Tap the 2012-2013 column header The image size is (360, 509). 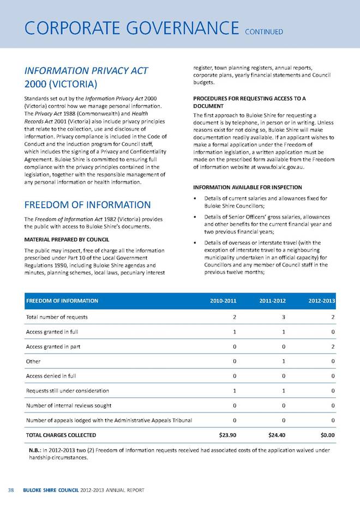pos(321,301)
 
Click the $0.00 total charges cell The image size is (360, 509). pos(325,435)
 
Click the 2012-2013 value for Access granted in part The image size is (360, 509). pos(333,346)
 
